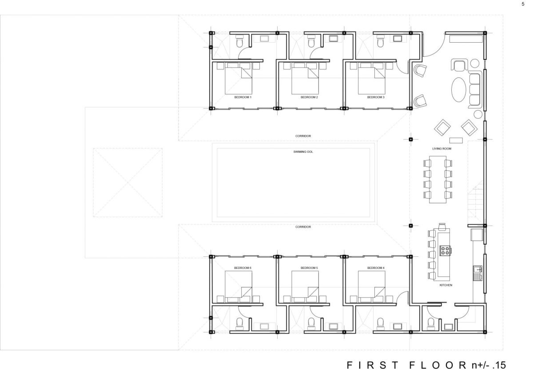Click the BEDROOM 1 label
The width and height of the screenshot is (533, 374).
(x=243, y=97)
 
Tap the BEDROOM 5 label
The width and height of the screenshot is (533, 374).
(x=309, y=268)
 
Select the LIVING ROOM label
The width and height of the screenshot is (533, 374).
(x=442, y=148)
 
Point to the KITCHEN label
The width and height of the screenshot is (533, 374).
(x=445, y=285)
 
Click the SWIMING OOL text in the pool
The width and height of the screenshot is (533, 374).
(x=303, y=151)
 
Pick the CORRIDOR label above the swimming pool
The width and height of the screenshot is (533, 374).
(x=303, y=136)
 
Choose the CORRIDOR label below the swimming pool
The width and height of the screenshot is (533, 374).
(x=303, y=227)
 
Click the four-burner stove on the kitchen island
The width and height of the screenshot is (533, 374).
(x=445, y=251)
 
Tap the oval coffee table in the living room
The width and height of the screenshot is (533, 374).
(x=459, y=90)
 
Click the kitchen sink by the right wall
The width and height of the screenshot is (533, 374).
(x=477, y=273)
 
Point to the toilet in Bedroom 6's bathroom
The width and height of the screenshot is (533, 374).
(x=239, y=324)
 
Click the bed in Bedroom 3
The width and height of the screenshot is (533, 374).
(x=371, y=78)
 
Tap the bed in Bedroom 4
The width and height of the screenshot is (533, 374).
(x=371, y=287)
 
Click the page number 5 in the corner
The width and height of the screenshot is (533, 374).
(x=523, y=4)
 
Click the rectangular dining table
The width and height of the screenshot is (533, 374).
(x=438, y=179)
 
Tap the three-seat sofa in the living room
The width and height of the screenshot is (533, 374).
(x=475, y=90)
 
